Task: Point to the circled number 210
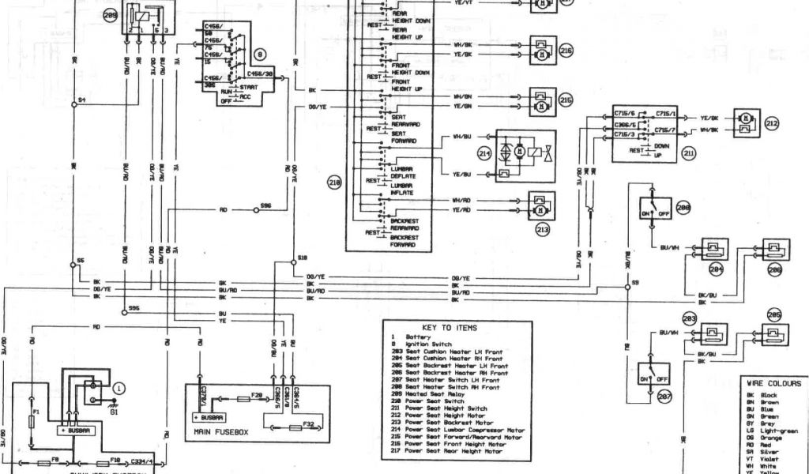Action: tap(334, 182)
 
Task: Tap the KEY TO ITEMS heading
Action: tap(450, 327)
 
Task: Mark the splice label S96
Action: tap(265, 208)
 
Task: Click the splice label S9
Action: tap(636, 282)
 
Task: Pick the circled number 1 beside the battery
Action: tap(119, 387)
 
